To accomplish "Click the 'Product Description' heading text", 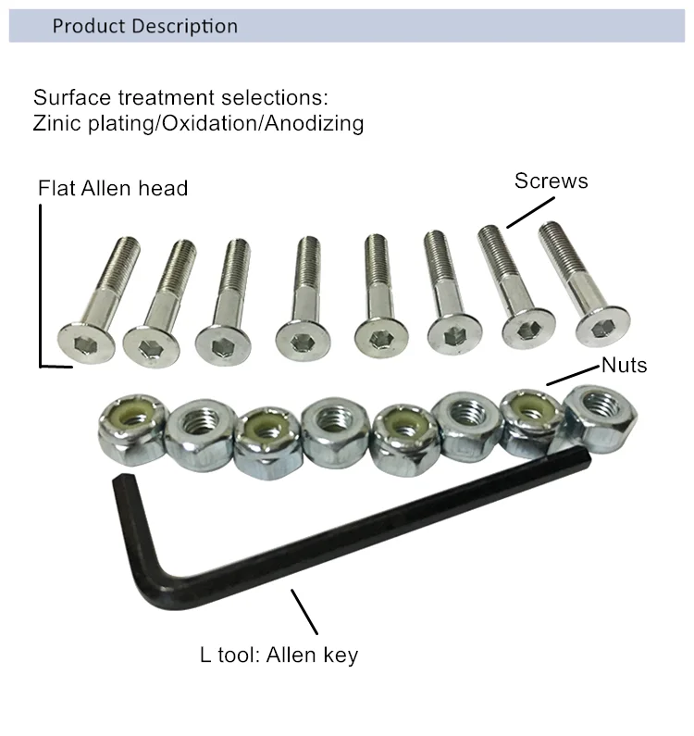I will tap(144, 26).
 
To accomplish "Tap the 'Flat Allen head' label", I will tap(113, 189).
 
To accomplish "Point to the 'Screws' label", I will tap(551, 181).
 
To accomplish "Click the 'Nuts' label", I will tap(624, 365).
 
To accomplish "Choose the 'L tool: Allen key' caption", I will tap(279, 655).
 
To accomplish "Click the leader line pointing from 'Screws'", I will tap(530, 211).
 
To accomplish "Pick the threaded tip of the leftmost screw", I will tap(125, 248).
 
